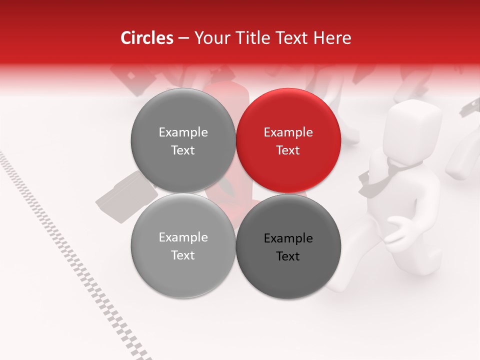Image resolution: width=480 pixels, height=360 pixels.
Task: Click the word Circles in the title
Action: point(146,38)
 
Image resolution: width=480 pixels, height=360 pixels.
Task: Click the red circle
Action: point(288,140)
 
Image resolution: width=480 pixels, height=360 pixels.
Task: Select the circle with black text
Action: point(288,246)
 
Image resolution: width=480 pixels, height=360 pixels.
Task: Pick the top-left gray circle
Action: point(183,140)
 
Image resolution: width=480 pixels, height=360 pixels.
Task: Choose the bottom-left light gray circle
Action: point(183,245)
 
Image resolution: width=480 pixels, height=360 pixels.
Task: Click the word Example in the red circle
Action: point(288,132)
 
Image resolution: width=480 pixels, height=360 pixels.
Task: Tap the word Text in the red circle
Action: point(288,150)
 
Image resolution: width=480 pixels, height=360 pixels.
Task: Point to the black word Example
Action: point(288,238)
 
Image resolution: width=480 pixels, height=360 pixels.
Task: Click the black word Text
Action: point(288,256)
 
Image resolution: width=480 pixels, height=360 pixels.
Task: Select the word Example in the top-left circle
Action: point(183,132)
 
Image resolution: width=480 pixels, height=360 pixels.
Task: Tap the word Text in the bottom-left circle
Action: point(183,255)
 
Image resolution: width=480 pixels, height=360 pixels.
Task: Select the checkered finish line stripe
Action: point(75,260)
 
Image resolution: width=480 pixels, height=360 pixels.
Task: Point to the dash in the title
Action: point(183,38)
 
